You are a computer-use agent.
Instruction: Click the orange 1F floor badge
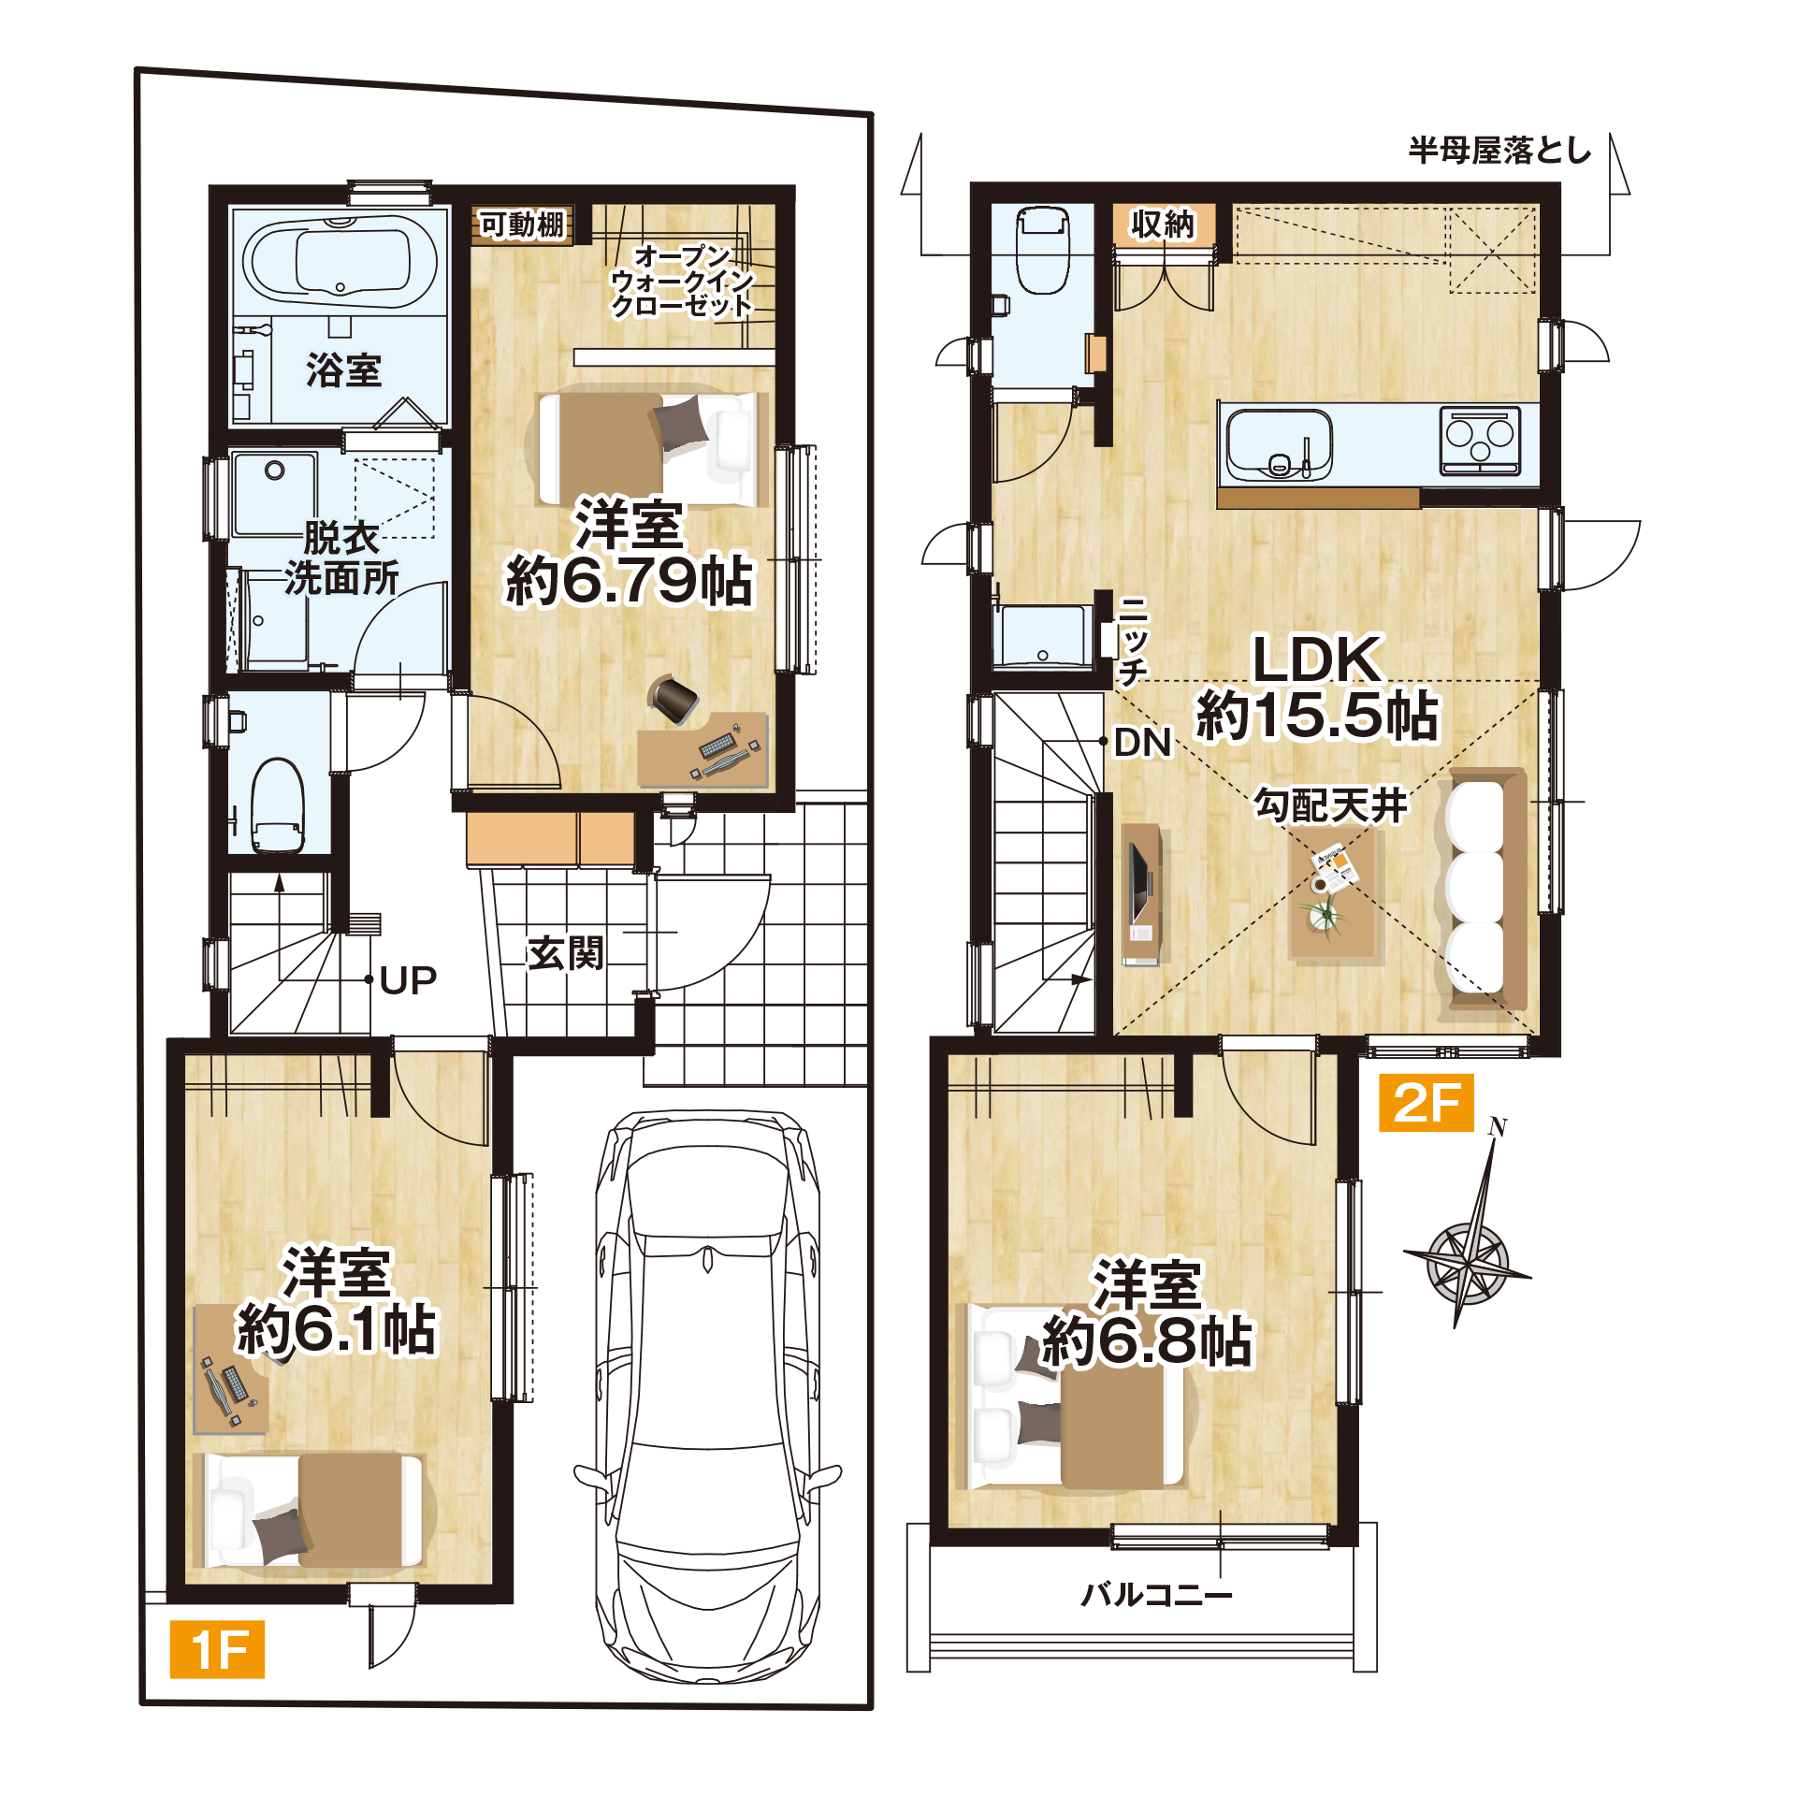point(217,1649)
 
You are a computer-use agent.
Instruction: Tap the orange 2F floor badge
point(1427,1103)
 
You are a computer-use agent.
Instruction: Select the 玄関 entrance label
point(565,953)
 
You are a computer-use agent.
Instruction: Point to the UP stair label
point(409,980)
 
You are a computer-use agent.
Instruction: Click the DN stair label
point(1143,744)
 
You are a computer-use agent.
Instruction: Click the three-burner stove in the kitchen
point(1480,441)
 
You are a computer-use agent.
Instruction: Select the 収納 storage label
point(1163,224)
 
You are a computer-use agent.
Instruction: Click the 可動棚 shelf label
point(522,224)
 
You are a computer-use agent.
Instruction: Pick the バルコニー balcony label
point(1156,1594)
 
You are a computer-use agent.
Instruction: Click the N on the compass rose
point(1499,1127)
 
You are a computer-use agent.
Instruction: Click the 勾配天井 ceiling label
point(1330,805)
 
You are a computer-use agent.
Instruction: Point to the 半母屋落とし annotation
point(1500,151)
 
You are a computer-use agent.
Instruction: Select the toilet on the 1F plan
point(278,805)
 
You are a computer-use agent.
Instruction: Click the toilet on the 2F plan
point(1043,250)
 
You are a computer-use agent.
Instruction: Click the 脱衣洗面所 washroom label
point(341,558)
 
